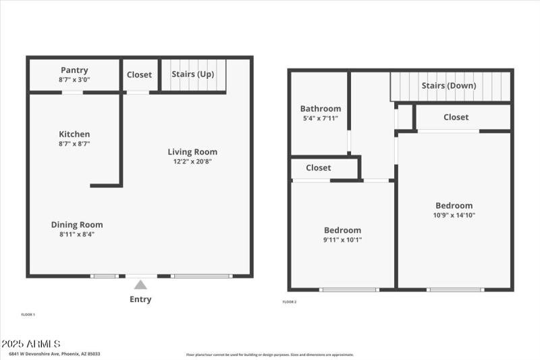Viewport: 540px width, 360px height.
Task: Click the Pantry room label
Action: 74,70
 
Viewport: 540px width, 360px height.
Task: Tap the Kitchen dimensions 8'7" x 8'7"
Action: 74,143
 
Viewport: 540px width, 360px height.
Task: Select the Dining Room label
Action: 77,225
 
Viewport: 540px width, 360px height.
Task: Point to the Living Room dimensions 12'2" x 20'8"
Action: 193,161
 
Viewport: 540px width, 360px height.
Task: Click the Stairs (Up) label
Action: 192,74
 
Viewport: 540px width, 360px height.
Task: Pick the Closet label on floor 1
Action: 140,75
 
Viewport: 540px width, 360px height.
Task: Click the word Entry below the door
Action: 140,299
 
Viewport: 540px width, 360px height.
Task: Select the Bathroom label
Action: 321,109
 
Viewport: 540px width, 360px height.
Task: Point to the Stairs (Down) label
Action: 449,86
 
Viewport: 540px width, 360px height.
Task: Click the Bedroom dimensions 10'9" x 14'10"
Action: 454,215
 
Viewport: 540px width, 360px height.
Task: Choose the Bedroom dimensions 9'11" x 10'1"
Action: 342,239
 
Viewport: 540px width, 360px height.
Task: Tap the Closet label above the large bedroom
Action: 456,118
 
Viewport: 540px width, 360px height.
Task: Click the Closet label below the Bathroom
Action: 319,168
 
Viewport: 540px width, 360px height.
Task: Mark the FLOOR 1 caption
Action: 28,315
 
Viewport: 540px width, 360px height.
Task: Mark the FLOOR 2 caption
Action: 289,302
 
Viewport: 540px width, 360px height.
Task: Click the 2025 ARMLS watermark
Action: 31,344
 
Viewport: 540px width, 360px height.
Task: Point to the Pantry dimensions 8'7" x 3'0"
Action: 74,79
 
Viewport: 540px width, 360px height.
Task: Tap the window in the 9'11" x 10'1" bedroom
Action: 349,290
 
